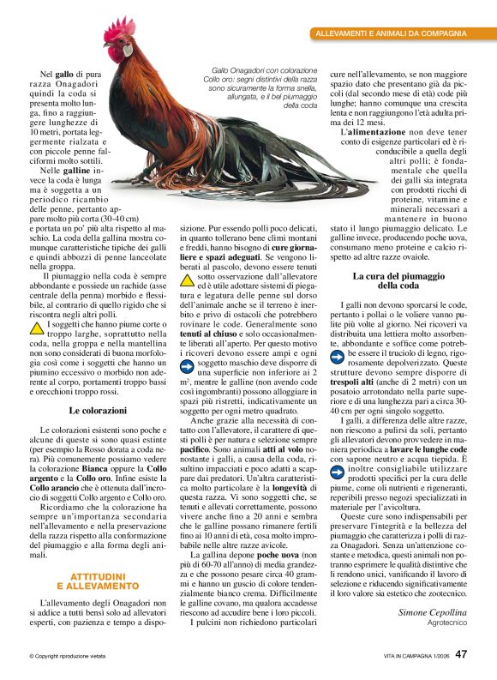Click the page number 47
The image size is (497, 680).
point(461,653)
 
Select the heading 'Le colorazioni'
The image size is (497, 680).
point(98,411)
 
